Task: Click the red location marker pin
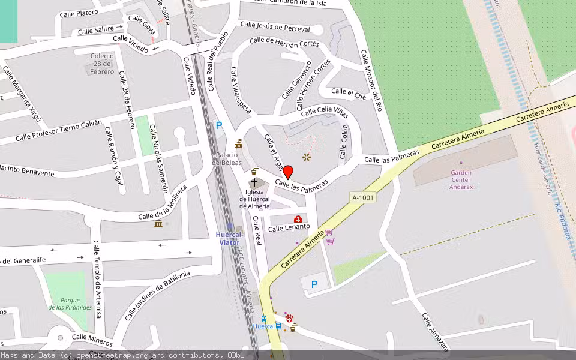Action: click(287, 172)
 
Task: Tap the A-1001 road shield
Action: click(363, 197)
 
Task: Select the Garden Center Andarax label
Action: click(461, 179)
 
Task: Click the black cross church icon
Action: click(254, 182)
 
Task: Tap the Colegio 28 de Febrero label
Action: click(102, 64)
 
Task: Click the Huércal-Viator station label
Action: click(229, 238)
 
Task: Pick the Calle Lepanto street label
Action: click(289, 227)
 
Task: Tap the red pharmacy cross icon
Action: click(298, 219)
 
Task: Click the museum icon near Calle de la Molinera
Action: click(158, 223)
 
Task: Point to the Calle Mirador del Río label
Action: click(371, 80)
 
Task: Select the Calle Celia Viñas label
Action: click(325, 112)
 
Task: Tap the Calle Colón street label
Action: click(344, 142)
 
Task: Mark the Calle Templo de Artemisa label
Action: click(97, 279)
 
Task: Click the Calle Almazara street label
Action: click(435, 331)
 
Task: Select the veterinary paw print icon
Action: click(289, 320)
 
